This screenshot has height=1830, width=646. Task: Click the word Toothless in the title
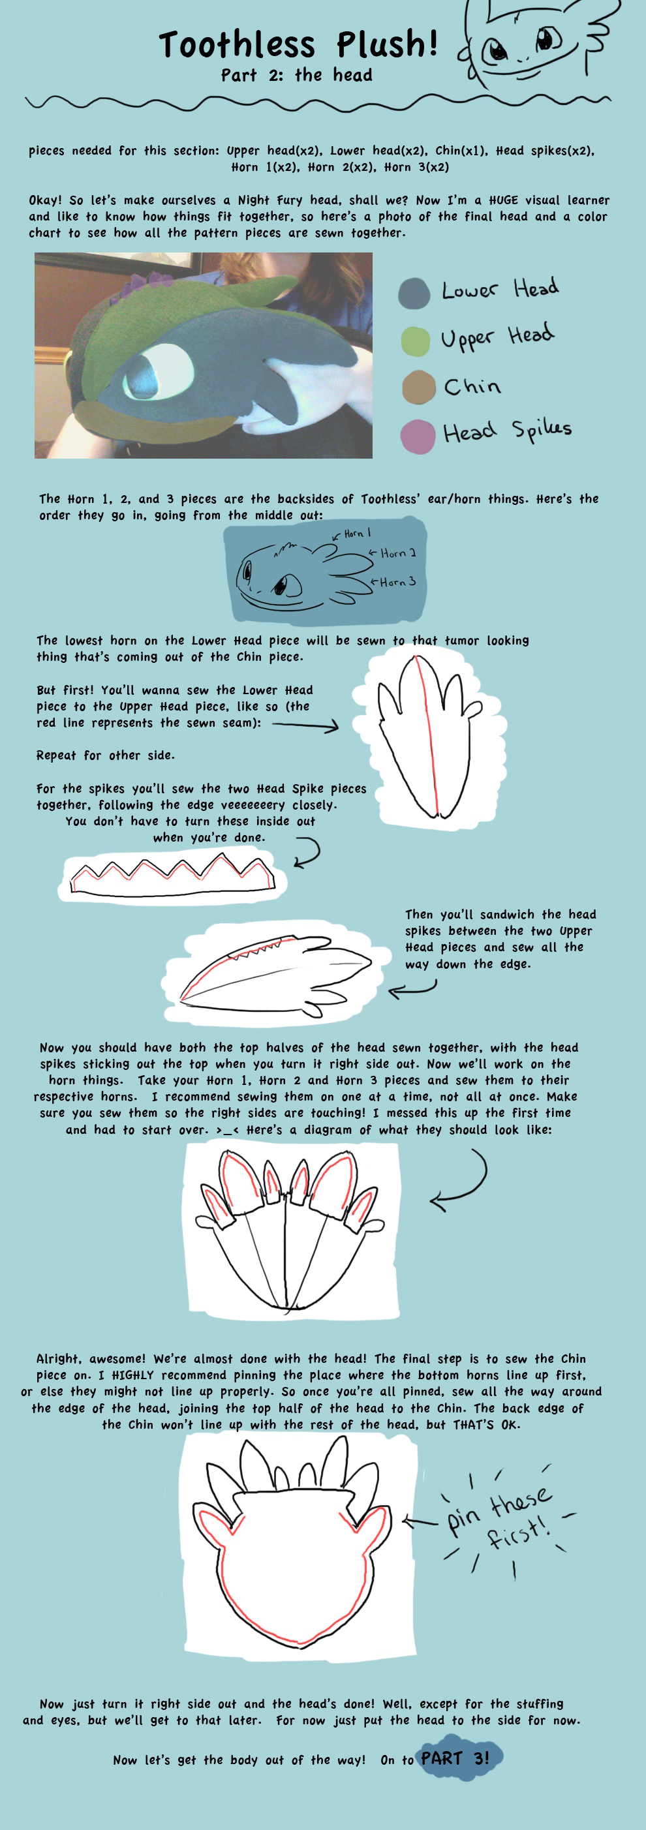[x=237, y=46]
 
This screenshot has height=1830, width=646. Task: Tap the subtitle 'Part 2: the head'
[x=296, y=75]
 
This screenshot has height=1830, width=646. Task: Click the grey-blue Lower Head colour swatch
[x=414, y=294]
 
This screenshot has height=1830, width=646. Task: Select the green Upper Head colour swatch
[x=416, y=342]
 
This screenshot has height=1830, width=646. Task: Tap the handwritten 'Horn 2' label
[x=398, y=553]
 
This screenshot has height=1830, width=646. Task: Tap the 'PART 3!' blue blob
[x=455, y=1758]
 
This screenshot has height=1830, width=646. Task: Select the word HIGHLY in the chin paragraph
[x=134, y=1375]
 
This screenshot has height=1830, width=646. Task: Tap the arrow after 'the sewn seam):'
[x=305, y=725]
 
